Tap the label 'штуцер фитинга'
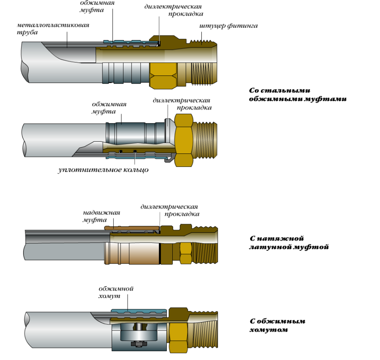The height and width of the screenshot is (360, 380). [x=228, y=26]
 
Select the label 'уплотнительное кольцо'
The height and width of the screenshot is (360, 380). [x=103, y=170]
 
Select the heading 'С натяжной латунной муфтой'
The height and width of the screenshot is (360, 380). [x=289, y=242]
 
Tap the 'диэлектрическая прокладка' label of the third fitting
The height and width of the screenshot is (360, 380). [x=169, y=210]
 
